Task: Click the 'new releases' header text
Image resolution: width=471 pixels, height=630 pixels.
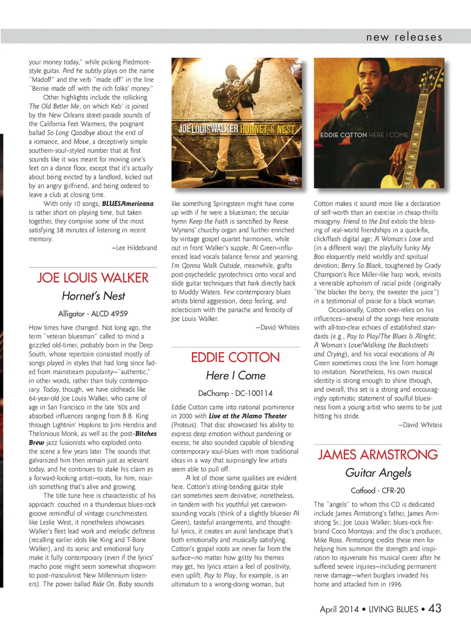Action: coord(404,37)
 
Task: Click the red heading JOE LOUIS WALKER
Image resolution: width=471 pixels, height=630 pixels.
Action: coord(93,278)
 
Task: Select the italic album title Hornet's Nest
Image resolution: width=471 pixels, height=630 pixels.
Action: coord(93,296)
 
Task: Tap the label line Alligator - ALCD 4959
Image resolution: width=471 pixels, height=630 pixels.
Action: coord(93,314)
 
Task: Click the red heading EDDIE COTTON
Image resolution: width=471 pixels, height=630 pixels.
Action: coord(235,357)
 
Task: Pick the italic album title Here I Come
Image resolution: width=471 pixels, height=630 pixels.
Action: coord(235,375)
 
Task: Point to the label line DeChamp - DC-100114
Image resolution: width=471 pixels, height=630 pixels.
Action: coord(235,393)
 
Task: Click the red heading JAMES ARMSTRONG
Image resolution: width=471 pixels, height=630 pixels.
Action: coord(378,454)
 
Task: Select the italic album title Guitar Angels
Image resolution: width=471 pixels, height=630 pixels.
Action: coord(378,472)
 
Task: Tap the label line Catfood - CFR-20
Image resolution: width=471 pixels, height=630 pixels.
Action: coord(378,490)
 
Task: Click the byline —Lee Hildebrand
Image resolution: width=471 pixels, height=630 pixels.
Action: coord(134,248)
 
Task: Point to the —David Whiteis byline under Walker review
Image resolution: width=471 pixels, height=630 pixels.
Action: coord(277,327)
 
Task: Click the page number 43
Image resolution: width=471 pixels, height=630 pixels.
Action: coord(435,608)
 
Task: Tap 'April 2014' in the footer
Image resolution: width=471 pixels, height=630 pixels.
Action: coord(339,609)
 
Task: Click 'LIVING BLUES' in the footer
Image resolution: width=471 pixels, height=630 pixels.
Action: coord(393,609)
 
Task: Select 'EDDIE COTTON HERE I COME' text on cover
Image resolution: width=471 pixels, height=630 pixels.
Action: coord(364,135)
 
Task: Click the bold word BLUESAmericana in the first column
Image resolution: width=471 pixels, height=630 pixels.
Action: coord(128,204)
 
